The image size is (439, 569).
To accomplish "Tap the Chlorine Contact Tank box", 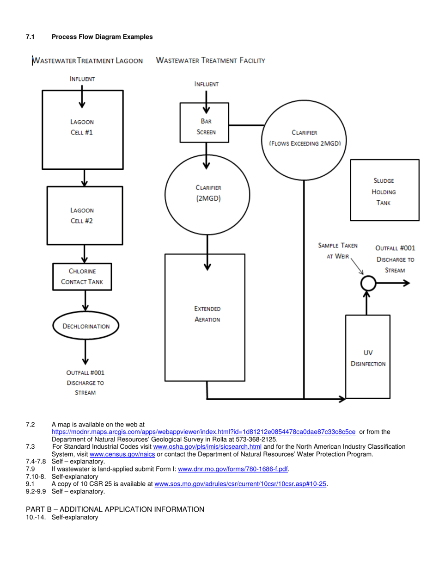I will [82, 277].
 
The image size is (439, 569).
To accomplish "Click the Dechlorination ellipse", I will [85, 326].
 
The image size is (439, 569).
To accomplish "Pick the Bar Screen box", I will [204, 122].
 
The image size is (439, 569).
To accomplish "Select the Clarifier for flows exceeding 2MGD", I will [305, 138].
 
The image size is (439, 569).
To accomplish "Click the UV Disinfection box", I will [367, 356].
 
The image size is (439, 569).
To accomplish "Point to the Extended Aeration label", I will [207, 314].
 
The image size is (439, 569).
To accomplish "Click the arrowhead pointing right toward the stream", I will [406, 284].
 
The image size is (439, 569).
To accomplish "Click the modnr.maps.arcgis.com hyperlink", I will [203, 432].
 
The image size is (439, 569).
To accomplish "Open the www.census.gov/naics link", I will [125, 454].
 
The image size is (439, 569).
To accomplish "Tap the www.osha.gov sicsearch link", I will [207, 446].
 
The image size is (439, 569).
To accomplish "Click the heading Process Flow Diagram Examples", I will [102, 37].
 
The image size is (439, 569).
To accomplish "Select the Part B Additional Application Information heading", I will [115, 509].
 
